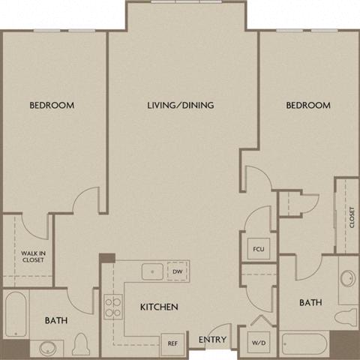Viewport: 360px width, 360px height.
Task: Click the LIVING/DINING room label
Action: [x=180, y=106]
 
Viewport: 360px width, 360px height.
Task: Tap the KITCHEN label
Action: [x=158, y=307]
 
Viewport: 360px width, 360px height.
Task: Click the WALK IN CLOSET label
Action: [x=31, y=256]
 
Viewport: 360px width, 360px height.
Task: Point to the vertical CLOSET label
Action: [x=351, y=217]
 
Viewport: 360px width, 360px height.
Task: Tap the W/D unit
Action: [x=259, y=342]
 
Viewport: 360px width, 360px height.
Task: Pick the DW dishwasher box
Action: [x=177, y=271]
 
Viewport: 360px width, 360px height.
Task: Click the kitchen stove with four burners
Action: [x=113, y=306]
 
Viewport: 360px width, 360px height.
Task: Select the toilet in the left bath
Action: [x=82, y=345]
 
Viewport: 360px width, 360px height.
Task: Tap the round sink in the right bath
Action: [x=346, y=279]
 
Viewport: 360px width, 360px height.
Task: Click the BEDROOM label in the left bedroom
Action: [x=52, y=106]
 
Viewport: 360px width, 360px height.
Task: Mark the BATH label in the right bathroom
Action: [x=310, y=303]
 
